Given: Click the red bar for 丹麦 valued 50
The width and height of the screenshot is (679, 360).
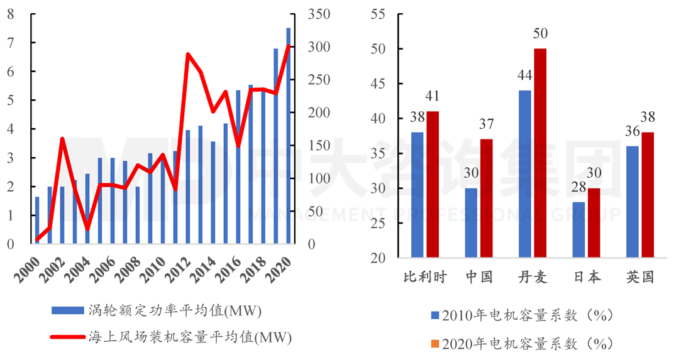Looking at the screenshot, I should [x=540, y=153].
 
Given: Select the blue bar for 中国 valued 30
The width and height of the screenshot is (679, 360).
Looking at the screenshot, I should [x=471, y=223].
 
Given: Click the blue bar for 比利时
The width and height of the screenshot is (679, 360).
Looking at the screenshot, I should [x=417, y=195].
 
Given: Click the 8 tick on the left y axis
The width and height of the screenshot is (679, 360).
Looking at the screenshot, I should [x=11, y=14].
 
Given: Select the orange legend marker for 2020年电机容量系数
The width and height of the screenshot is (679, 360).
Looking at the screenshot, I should [x=436, y=344].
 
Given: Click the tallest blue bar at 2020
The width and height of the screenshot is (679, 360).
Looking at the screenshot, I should [x=289, y=136].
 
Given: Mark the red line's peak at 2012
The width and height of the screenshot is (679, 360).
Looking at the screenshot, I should [x=188, y=54].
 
